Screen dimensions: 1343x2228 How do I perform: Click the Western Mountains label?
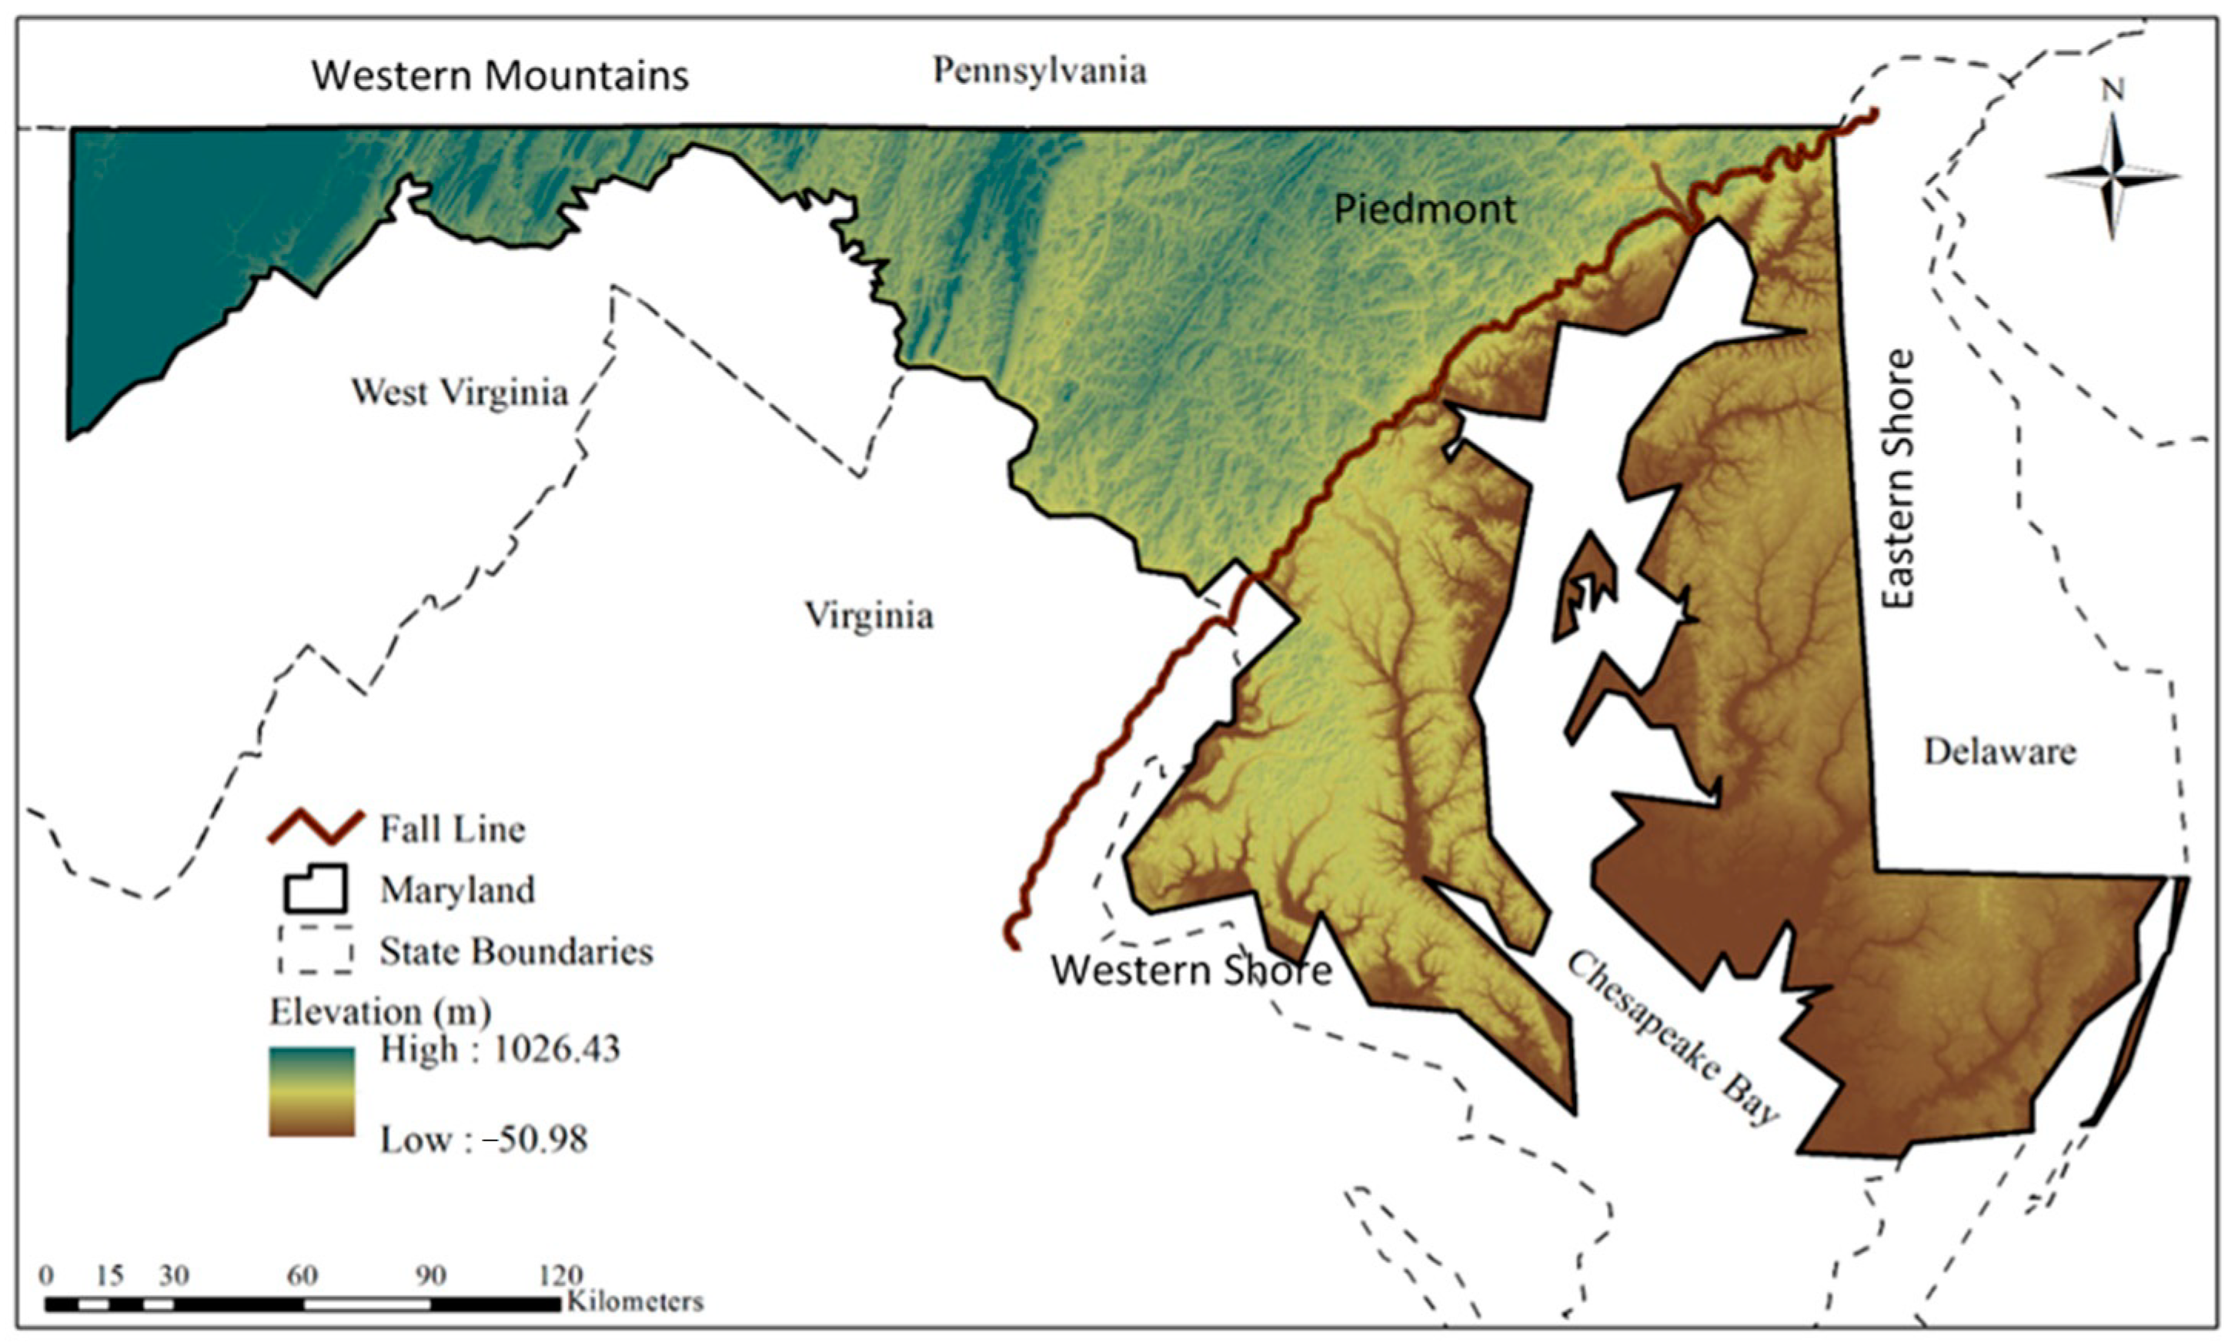click(500, 75)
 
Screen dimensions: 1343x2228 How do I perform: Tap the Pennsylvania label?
click(1039, 71)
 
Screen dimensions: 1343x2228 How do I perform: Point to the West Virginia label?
click(459, 393)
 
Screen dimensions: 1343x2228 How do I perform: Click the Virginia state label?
click(869, 616)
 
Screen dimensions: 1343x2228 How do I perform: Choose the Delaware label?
click(1999, 751)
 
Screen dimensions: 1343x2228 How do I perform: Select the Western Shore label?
click(1191, 971)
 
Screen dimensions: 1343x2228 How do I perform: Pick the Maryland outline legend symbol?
click(316, 889)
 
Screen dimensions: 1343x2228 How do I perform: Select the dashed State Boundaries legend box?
click(316, 950)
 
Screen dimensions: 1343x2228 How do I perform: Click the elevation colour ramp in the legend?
click(312, 1091)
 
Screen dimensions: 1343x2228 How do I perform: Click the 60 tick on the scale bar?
click(302, 1275)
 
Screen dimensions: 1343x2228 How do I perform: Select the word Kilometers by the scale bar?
click(635, 1302)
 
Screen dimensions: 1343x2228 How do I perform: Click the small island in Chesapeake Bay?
click(1582, 588)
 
